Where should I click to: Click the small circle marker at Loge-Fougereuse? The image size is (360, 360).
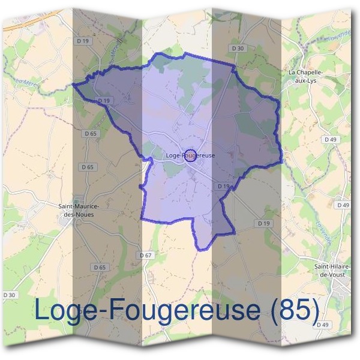[190, 156]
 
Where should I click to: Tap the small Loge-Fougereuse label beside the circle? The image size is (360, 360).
[190, 155]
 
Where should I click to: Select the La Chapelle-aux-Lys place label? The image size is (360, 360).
[305, 76]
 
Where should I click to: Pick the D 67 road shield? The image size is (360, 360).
[145, 255]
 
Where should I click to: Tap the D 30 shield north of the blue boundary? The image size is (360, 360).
[238, 48]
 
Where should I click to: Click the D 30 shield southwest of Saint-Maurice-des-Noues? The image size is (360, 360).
[9, 295]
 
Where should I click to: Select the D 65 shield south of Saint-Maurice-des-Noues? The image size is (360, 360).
[100, 267]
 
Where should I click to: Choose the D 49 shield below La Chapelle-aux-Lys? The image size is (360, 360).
[329, 139]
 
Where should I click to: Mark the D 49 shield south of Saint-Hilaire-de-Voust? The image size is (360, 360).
[323, 325]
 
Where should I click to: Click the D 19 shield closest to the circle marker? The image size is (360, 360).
[224, 187]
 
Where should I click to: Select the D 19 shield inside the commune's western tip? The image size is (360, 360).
[104, 101]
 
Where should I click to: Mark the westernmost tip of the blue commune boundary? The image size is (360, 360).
[73, 85]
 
